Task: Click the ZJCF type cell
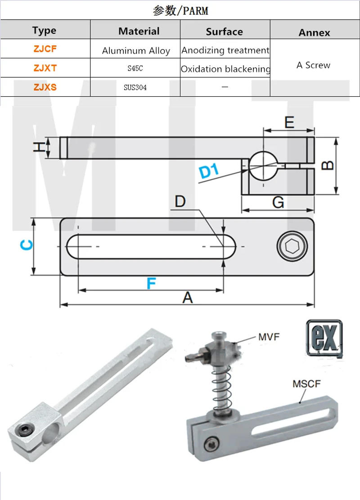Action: click(45, 49)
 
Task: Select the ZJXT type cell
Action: click(45, 68)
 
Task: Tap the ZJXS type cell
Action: click(45, 87)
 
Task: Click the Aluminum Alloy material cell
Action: click(135, 50)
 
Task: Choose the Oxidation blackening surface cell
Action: click(225, 69)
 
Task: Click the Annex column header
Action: click(314, 32)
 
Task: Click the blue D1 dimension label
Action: click(208, 171)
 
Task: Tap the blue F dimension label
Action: click(151, 283)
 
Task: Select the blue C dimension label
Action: click(27, 245)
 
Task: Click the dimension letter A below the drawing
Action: click(187, 297)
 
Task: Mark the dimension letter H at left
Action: click(40, 147)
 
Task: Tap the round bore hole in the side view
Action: click(263, 165)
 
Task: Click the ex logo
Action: click(324, 337)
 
